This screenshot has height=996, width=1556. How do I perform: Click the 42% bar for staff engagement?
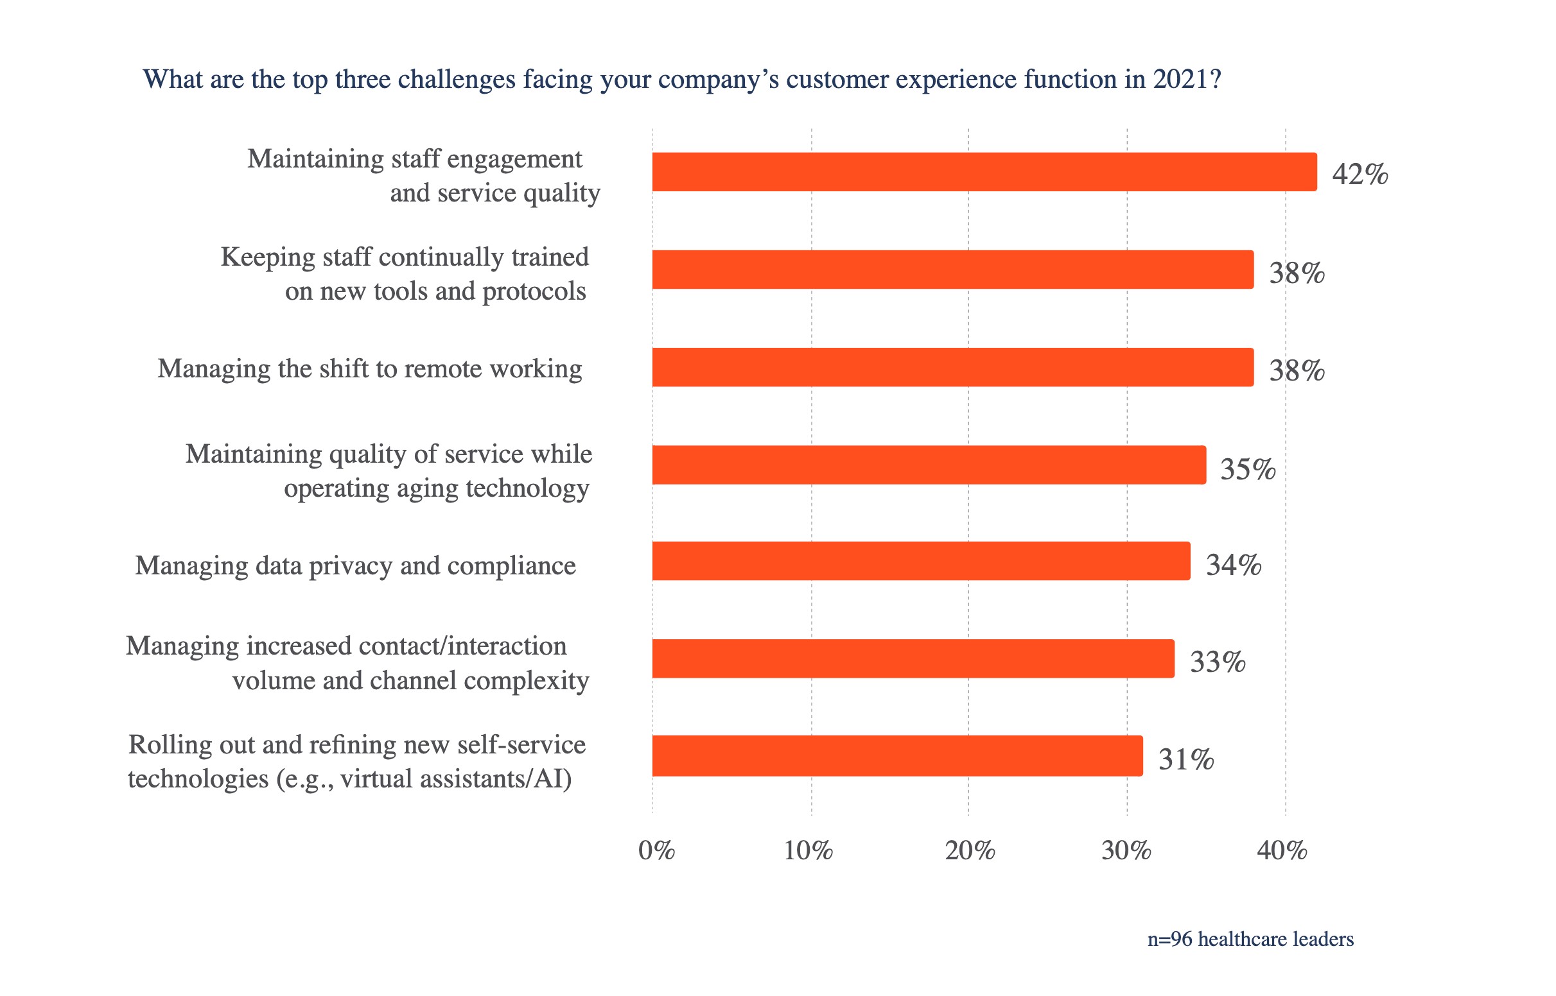pyautogui.click(x=983, y=172)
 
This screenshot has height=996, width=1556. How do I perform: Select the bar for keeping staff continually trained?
pyautogui.click(x=952, y=270)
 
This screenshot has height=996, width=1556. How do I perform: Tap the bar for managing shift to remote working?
pyautogui.click(x=952, y=367)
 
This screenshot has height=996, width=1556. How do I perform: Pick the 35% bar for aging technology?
pyautogui.click(x=929, y=465)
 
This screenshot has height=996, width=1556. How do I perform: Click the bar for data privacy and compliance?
pyautogui.click(x=921, y=562)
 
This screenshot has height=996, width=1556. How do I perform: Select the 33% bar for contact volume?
pyautogui.click(x=913, y=659)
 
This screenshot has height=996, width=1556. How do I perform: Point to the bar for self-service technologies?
pyautogui.click(x=896, y=756)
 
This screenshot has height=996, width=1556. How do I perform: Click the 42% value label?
pyautogui.click(x=1360, y=175)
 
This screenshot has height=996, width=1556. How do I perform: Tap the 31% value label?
pyautogui.click(x=1186, y=759)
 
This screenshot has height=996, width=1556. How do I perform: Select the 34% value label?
pyautogui.click(x=1234, y=565)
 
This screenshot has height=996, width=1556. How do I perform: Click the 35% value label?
pyautogui.click(x=1248, y=470)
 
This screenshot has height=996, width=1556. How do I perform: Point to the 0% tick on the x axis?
pyautogui.click(x=656, y=850)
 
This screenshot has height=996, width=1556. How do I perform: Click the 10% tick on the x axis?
pyautogui.click(x=809, y=850)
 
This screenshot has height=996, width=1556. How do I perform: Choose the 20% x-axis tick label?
pyautogui.click(x=970, y=850)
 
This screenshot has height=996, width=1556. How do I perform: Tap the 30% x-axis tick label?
pyautogui.click(x=1126, y=850)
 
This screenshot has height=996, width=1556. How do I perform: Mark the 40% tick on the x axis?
pyautogui.click(x=1282, y=850)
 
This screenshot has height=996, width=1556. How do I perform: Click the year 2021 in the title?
pyautogui.click(x=1180, y=80)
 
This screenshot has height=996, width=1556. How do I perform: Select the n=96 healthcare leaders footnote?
pyautogui.click(x=1250, y=939)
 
